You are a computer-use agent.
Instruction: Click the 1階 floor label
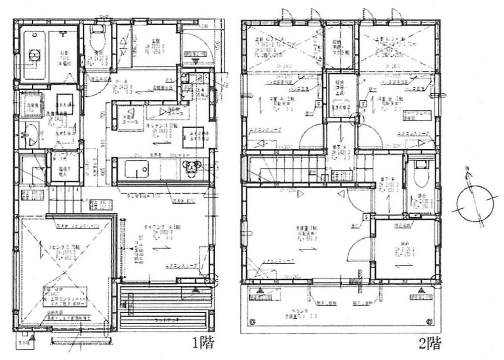click(203, 344)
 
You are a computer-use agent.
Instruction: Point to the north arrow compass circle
click(473, 205)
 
